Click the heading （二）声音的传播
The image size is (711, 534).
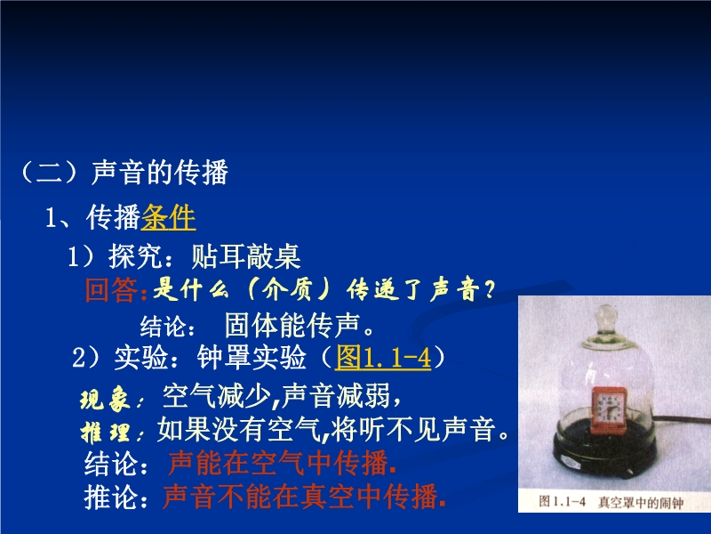point(123,172)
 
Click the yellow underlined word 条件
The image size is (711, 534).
point(169,217)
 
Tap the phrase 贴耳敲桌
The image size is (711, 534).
point(246,256)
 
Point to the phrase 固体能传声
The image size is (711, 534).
point(292,325)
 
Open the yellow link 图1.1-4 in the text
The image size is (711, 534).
point(383,358)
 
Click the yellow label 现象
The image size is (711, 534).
point(105,400)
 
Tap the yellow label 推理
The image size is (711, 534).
point(105,432)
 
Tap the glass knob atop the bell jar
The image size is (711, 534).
point(606,316)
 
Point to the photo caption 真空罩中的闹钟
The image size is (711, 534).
point(641,502)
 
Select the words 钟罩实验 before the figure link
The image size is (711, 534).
point(252,358)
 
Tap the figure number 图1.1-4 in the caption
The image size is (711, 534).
point(562,501)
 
